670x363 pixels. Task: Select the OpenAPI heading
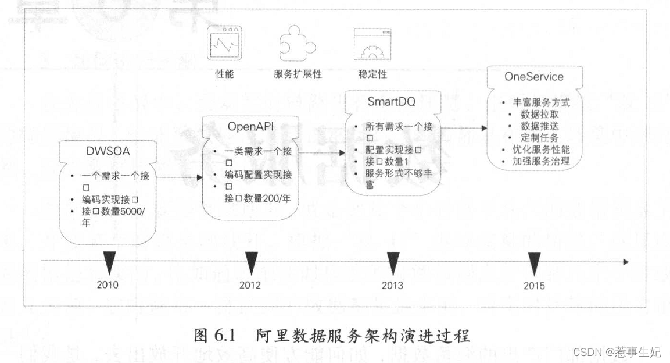[250, 126]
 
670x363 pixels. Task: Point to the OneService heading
[533, 77]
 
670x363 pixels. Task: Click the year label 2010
[108, 284]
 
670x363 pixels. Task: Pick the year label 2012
[250, 285]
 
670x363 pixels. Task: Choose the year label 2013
[392, 285]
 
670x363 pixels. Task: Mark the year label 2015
[534, 285]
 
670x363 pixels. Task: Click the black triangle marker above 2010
[108, 262]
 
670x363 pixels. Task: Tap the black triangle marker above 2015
[535, 262]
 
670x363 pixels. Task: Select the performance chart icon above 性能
[224, 45]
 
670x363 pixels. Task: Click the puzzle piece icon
[297, 44]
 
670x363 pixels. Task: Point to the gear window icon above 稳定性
[371, 45]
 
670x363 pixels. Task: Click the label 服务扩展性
[298, 74]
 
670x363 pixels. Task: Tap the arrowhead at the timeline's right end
[625, 262]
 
